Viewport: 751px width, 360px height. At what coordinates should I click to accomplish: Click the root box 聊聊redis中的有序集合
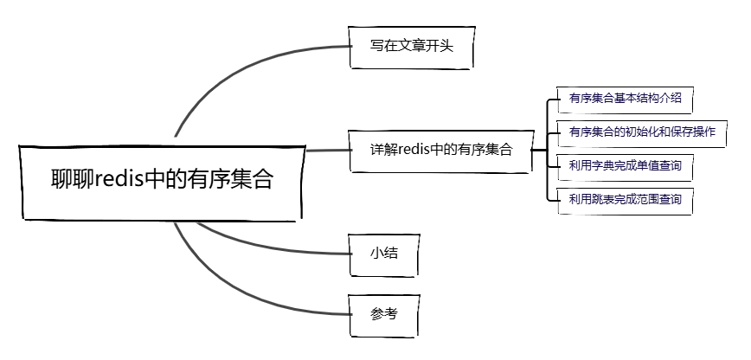(x=161, y=181)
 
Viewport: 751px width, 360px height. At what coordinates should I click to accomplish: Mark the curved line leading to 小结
(x=260, y=243)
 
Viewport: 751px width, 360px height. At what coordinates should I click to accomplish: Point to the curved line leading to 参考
(x=234, y=286)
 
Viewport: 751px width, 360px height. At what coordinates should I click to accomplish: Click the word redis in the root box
(x=122, y=181)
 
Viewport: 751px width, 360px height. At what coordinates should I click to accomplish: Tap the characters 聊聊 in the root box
(x=72, y=181)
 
